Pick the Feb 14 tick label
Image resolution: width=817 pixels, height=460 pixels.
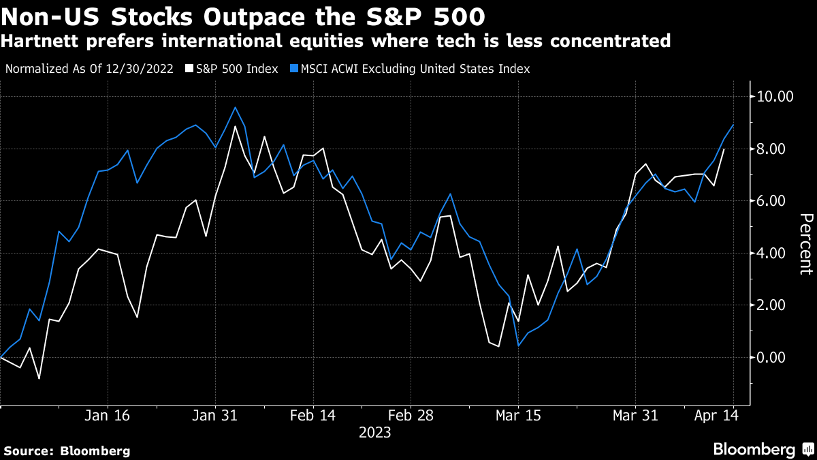tap(313, 415)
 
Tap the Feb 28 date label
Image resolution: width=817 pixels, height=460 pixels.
tap(411, 415)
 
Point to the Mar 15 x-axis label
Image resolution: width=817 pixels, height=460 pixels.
tap(518, 415)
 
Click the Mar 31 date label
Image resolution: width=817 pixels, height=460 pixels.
tap(635, 415)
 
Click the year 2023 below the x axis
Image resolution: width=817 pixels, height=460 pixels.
tap(375, 432)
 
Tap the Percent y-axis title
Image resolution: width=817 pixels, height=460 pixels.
tap(805, 243)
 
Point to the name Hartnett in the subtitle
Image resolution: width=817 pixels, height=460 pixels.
tap(34, 41)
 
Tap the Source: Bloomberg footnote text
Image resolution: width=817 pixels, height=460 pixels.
tap(66, 450)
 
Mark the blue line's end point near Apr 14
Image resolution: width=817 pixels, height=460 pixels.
tap(733, 125)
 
